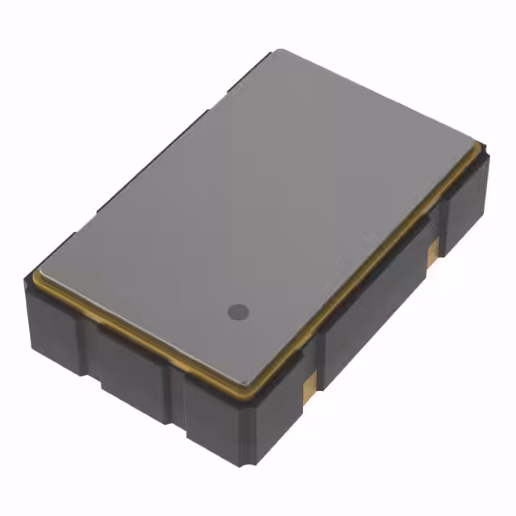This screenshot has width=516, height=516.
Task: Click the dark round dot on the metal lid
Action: pyautogui.click(x=237, y=310)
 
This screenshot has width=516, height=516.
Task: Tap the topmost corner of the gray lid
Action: pyautogui.click(x=277, y=51)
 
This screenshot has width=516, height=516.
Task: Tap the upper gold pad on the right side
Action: pyautogui.click(x=433, y=248)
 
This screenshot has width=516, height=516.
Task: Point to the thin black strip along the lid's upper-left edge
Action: pyautogui.click(x=153, y=161)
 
